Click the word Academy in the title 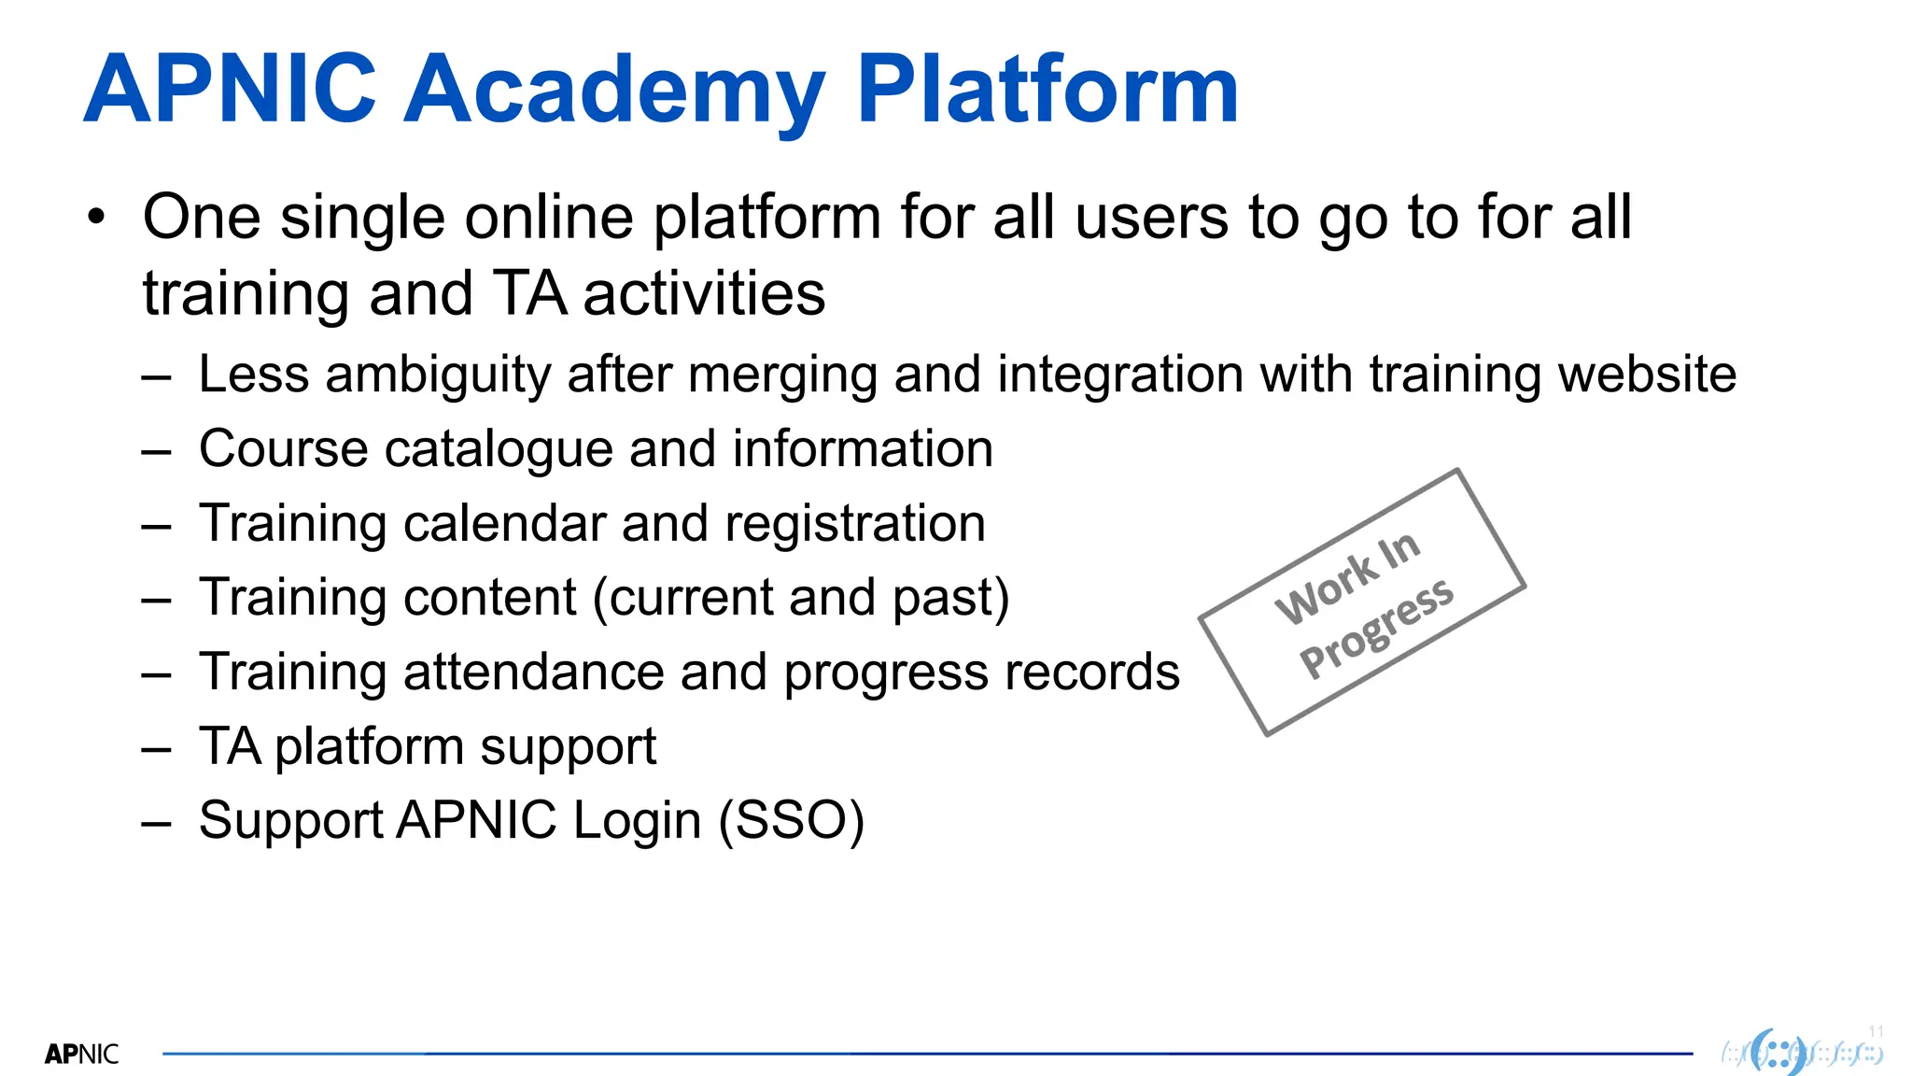coord(614,91)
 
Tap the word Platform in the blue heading coord(1047,91)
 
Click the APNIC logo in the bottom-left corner coord(81,1055)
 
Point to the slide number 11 coord(1876,1031)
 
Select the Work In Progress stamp coord(1362,602)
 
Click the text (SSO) coord(792,821)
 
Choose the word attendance coord(534,672)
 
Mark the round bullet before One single coord(96,218)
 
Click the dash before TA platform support coord(156,748)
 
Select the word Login coord(636,821)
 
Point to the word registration coord(854,523)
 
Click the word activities coord(704,294)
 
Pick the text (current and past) coord(801,598)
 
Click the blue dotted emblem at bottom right coord(1778,1054)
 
